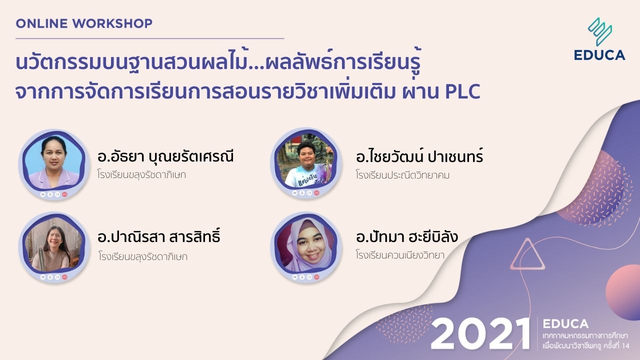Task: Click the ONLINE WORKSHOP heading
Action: pyautogui.click(x=84, y=23)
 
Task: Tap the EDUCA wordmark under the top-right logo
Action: pyautogui.click(x=599, y=55)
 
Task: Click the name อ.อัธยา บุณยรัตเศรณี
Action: pyautogui.click(x=165, y=157)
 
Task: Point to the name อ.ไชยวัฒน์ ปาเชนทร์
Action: pyautogui.click(x=419, y=157)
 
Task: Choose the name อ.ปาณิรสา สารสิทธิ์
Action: pyautogui.click(x=158, y=237)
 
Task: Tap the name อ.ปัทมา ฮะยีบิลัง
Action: pyautogui.click(x=406, y=237)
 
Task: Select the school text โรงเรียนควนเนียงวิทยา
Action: pyautogui.click(x=400, y=255)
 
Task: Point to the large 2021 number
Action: pyautogui.click(x=480, y=333)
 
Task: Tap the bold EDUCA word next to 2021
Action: pyautogui.click(x=565, y=324)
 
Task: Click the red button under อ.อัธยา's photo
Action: pyautogui.click(x=64, y=194)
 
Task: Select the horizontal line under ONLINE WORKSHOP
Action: pyautogui.click(x=149, y=38)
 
